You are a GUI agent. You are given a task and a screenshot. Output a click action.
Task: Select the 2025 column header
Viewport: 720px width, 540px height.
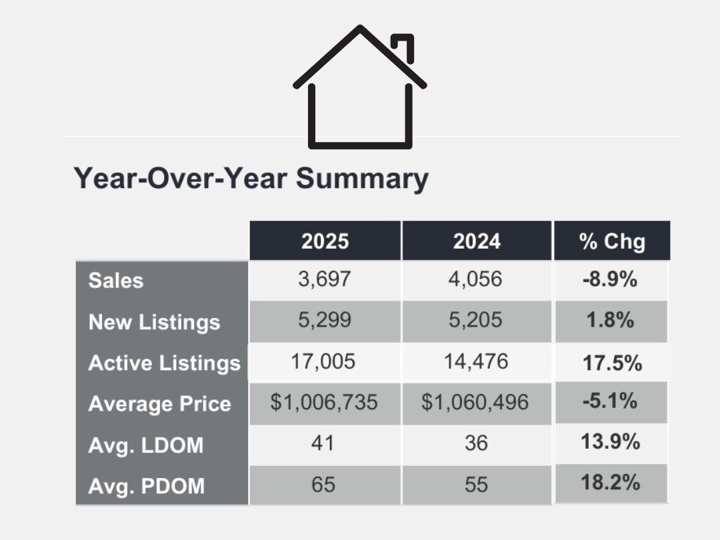coord(325,241)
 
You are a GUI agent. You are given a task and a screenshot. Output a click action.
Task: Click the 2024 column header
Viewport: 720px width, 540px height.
coord(477,241)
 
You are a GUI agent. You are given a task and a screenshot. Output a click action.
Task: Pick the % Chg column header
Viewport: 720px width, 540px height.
coord(612,241)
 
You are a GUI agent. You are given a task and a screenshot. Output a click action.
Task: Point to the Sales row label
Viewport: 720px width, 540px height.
coord(115,280)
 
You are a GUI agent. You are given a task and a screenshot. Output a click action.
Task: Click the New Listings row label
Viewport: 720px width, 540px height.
coord(154,322)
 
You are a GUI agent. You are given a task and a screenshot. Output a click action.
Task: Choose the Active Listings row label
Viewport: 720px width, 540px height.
coord(164,363)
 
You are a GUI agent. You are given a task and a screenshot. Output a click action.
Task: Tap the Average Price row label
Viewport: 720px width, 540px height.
coord(159,404)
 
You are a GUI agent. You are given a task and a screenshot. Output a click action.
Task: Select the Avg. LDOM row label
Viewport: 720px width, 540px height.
coord(145,445)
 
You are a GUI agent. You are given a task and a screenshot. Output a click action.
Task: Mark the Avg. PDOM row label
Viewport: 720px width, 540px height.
coord(146,485)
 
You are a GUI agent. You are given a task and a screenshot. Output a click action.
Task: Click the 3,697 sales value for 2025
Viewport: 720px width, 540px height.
coord(324,279)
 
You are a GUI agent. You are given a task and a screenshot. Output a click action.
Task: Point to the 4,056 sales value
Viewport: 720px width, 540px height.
coord(476,279)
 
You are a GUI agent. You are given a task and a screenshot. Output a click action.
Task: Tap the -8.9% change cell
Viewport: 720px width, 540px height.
coord(609,279)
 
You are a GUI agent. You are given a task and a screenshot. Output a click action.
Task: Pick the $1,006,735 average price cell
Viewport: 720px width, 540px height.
coord(324,403)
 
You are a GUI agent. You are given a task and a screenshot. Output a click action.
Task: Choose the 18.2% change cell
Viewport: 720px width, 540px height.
coord(611,483)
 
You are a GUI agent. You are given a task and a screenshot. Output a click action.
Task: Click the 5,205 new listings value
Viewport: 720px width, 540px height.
coord(476,321)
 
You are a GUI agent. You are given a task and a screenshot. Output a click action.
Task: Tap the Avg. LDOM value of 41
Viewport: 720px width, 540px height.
coord(324,443)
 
